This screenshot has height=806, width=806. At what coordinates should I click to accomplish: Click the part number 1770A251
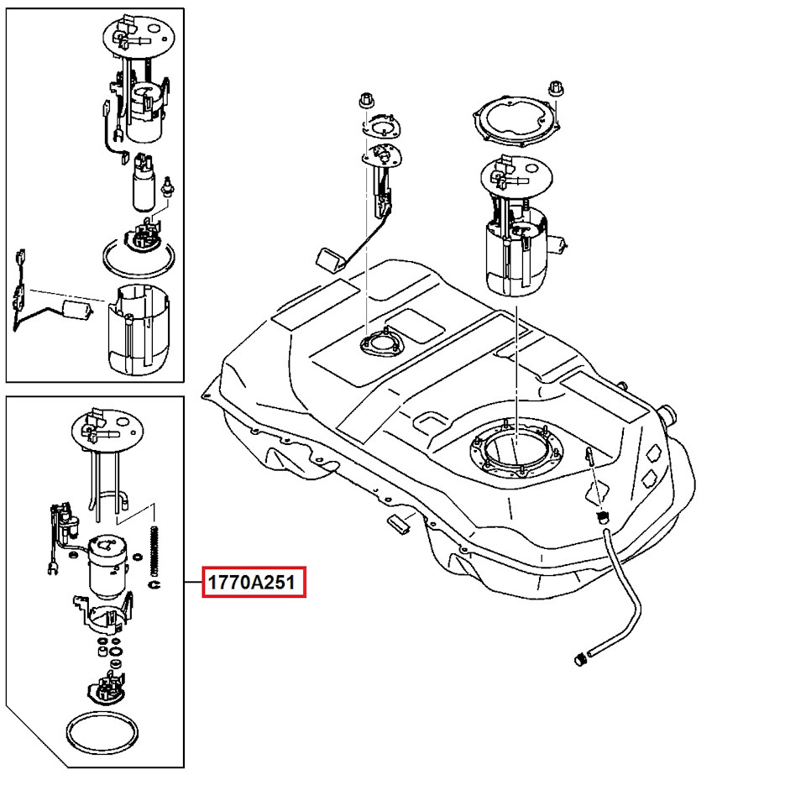point(253,582)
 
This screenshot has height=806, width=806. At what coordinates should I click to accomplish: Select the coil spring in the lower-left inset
point(154,549)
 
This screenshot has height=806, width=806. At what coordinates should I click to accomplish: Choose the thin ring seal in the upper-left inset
point(139,255)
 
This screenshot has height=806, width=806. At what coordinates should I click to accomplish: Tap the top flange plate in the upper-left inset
point(134,37)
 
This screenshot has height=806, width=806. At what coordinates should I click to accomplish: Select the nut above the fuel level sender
point(365,99)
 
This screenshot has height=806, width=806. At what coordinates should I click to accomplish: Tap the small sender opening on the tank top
point(380,343)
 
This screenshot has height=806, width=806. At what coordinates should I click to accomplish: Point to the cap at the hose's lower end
point(578,660)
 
